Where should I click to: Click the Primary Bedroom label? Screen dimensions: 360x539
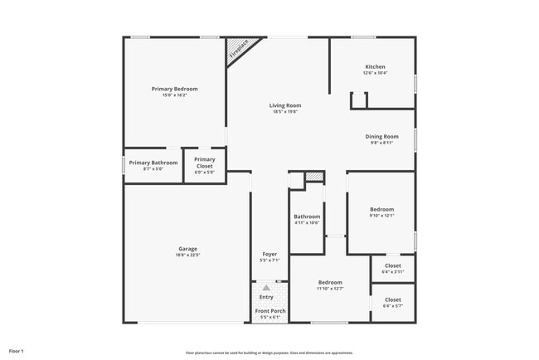[x=174, y=88]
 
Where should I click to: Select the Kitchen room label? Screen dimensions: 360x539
[x=375, y=66]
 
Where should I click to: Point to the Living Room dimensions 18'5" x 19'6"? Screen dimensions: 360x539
[x=284, y=111]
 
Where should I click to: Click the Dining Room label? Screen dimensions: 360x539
[x=381, y=136]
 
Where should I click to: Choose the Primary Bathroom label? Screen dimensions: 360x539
[x=153, y=163]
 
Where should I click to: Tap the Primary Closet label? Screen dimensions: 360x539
[x=204, y=159]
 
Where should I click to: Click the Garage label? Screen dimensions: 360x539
[x=187, y=249]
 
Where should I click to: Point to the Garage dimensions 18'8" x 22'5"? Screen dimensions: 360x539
[x=187, y=255]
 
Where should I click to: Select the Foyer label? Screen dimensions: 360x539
[x=269, y=254]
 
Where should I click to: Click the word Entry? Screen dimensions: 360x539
[x=266, y=297]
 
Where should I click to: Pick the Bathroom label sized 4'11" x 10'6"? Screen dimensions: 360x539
[x=307, y=216]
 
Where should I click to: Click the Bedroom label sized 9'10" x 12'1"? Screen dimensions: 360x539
[x=381, y=209]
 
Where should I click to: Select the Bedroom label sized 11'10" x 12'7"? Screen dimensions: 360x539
[x=330, y=282]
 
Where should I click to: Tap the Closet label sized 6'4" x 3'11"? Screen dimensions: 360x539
[x=392, y=265]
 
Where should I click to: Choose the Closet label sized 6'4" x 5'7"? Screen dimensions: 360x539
[x=392, y=299]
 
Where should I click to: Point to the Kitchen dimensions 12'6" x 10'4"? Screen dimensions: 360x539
[x=375, y=73]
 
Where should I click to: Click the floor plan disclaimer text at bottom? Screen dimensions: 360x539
[x=269, y=352]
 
